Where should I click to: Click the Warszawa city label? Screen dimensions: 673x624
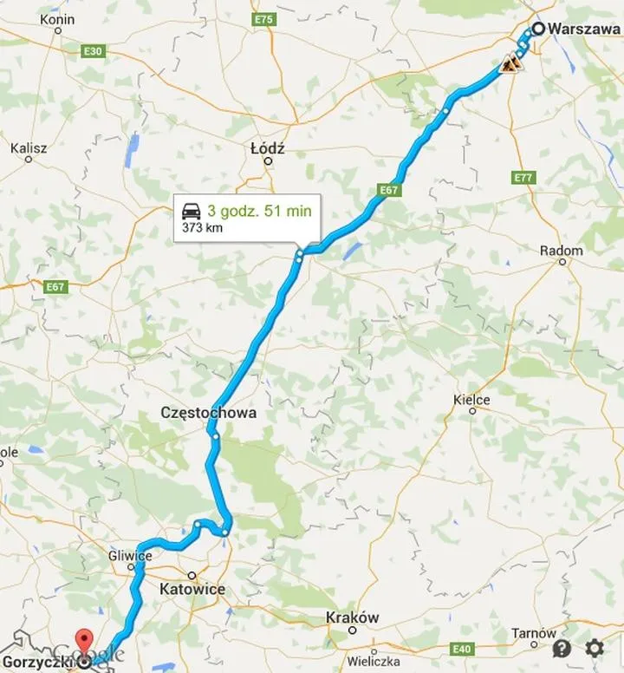point(584,29)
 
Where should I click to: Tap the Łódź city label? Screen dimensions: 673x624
point(267,148)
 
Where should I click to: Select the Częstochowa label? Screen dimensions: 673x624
point(209,414)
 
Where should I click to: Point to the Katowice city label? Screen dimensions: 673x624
point(193,590)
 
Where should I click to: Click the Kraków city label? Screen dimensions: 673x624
point(352,618)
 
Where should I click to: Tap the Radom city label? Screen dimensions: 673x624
point(561,251)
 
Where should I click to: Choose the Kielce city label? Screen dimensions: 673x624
point(471,400)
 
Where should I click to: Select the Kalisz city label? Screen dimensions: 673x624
point(29,149)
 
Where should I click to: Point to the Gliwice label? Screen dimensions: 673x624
point(131,556)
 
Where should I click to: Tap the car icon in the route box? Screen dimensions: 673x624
point(191,211)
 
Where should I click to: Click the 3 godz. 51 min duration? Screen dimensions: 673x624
point(259,210)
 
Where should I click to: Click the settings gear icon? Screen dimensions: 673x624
point(595,648)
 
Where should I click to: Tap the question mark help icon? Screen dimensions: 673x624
point(562,648)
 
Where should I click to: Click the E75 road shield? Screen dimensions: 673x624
point(263,19)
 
